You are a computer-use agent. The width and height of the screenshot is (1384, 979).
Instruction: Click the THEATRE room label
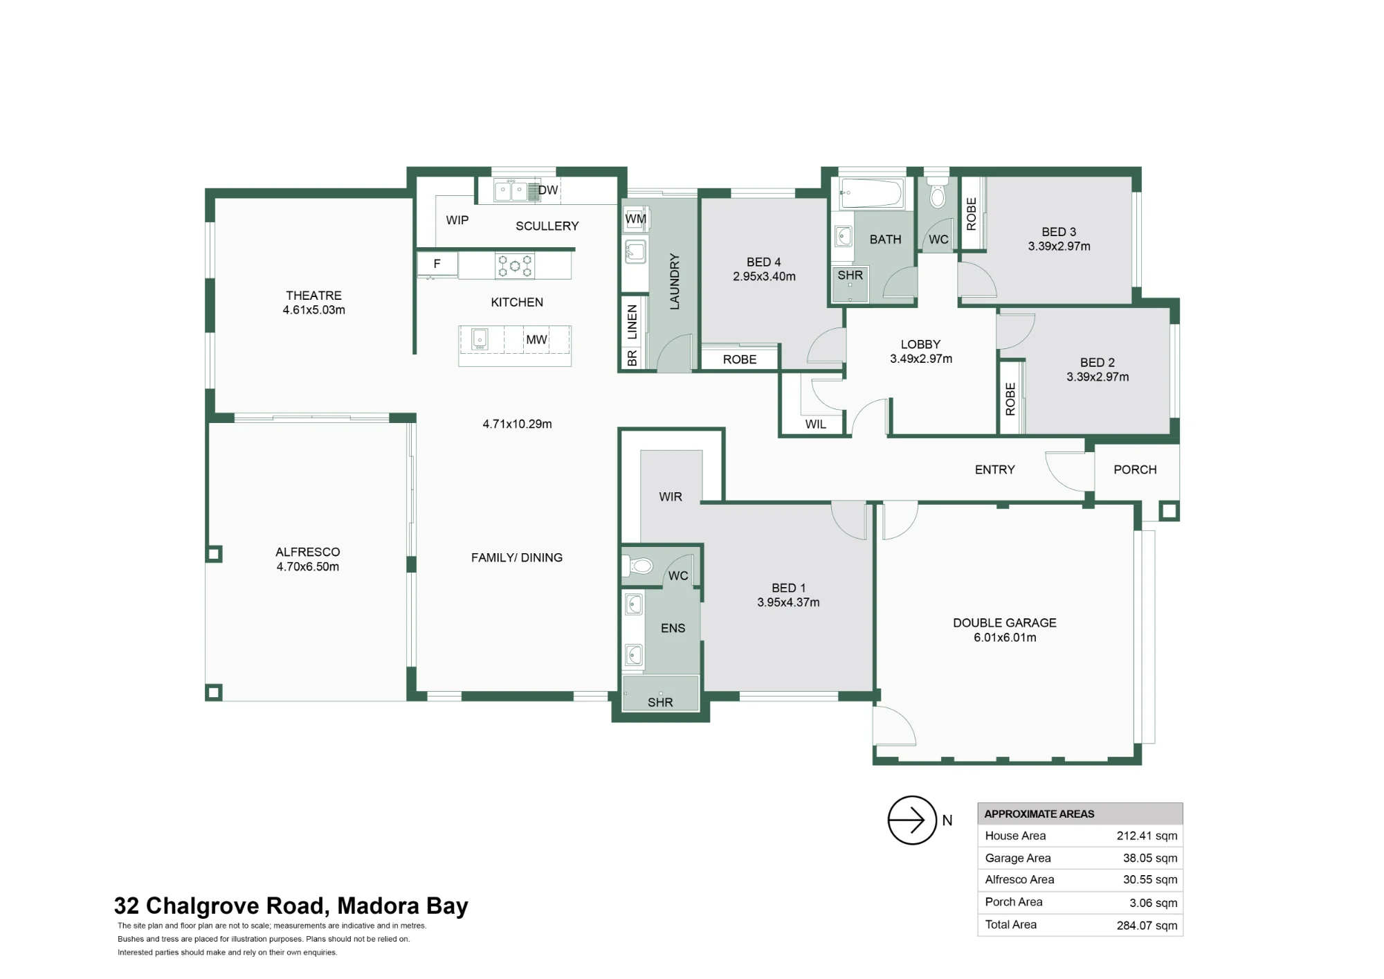click(x=313, y=295)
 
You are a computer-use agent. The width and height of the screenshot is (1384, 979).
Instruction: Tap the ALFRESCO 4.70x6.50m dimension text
click(x=308, y=566)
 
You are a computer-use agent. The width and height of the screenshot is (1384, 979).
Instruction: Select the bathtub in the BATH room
click(x=871, y=193)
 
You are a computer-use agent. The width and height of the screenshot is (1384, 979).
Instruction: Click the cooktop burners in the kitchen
click(x=515, y=266)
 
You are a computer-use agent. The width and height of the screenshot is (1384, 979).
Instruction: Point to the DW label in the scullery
click(x=548, y=190)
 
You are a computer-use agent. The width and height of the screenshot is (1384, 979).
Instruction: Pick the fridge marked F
click(x=437, y=264)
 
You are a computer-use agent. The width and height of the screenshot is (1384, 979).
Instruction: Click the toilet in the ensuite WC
click(x=638, y=566)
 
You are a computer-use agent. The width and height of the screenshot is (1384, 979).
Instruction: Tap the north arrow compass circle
click(x=912, y=820)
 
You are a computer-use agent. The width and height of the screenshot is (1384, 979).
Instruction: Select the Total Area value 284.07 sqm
click(x=1147, y=925)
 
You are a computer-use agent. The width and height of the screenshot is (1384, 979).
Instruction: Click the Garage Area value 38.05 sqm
click(x=1150, y=858)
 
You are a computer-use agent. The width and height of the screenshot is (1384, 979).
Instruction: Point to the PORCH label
click(x=1135, y=469)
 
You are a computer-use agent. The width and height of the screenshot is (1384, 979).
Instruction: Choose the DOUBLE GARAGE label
click(x=1005, y=622)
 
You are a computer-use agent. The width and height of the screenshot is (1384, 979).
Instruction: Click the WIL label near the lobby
click(x=816, y=424)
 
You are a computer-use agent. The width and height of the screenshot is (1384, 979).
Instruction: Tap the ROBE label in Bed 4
click(x=740, y=359)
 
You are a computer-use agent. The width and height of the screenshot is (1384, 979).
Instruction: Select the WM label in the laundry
click(x=636, y=219)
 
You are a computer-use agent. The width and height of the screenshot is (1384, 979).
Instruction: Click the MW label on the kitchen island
click(x=537, y=339)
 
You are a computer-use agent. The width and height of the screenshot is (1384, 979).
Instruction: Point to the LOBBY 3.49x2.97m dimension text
click(x=921, y=359)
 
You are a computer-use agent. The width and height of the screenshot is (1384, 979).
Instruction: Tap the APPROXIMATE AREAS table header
click(x=1039, y=814)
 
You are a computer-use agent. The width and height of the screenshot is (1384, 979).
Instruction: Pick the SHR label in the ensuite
click(x=660, y=702)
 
